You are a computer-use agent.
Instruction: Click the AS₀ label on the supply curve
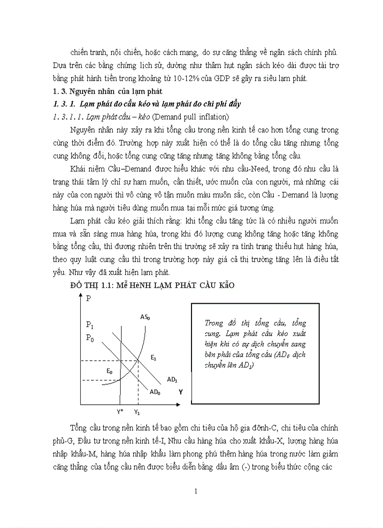click(x=145, y=317)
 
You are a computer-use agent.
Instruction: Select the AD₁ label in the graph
click(x=172, y=379)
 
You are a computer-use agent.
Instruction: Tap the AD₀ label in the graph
click(x=155, y=392)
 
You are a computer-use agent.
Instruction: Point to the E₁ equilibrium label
click(x=153, y=358)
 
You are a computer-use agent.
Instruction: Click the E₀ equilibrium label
click(x=109, y=371)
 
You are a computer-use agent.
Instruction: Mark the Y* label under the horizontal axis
click(x=121, y=412)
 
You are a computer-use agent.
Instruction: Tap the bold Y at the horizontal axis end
click(x=181, y=391)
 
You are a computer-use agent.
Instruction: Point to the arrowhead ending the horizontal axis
click(x=179, y=403)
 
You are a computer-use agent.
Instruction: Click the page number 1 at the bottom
click(x=196, y=492)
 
